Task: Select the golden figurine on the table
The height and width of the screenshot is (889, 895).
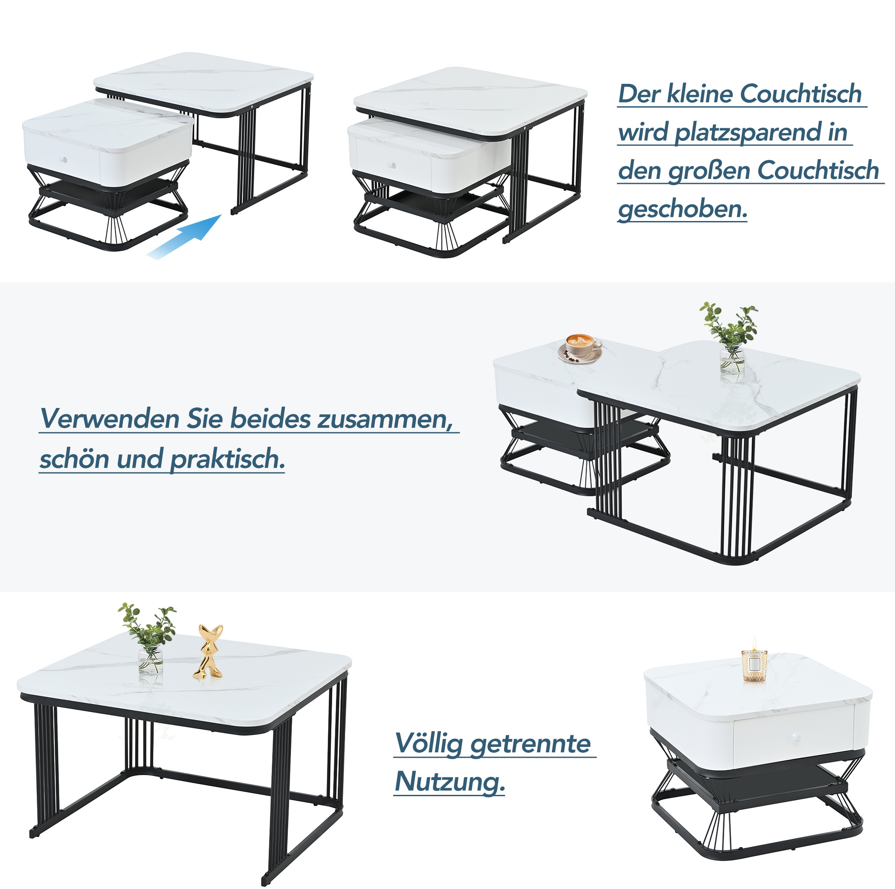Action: tap(209, 651)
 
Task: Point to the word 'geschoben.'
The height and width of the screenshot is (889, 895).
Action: tap(683, 210)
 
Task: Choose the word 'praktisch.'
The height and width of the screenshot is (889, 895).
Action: tap(227, 460)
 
